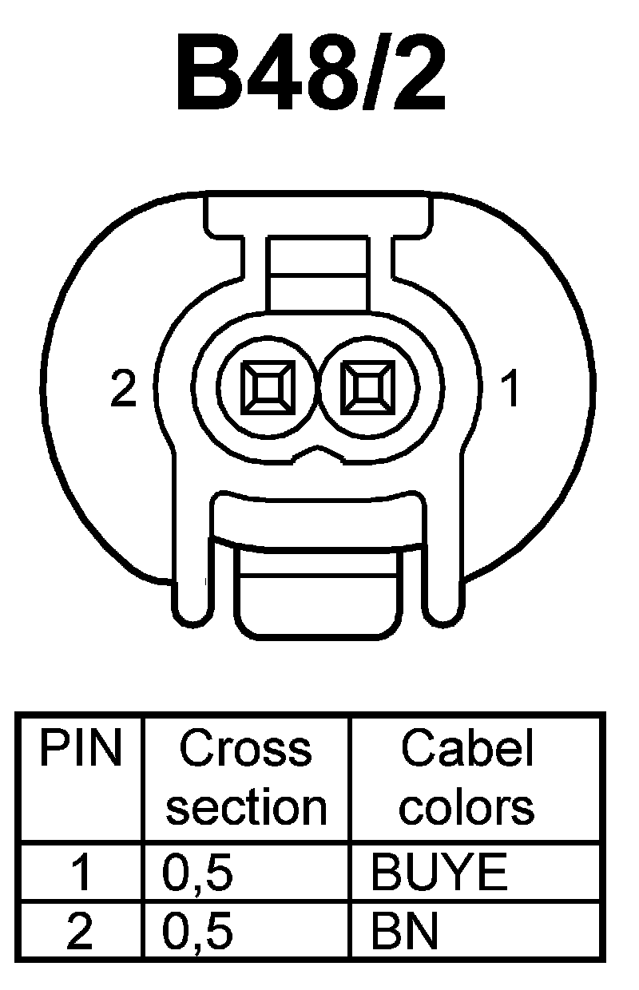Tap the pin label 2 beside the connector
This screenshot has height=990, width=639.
point(124,390)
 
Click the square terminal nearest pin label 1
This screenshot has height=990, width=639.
point(367,388)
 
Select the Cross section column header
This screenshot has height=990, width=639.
point(246,778)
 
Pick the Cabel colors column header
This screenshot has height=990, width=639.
point(467,778)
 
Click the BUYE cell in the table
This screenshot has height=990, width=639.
point(439,873)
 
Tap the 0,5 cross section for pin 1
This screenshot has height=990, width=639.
point(197,873)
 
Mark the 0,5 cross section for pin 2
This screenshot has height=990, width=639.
point(197,932)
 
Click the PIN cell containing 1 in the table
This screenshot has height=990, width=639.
point(80,873)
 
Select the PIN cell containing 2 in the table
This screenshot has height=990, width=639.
point(80,932)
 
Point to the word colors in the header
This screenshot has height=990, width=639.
point(467,807)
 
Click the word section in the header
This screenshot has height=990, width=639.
point(246,807)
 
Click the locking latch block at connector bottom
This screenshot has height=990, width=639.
point(318,591)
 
